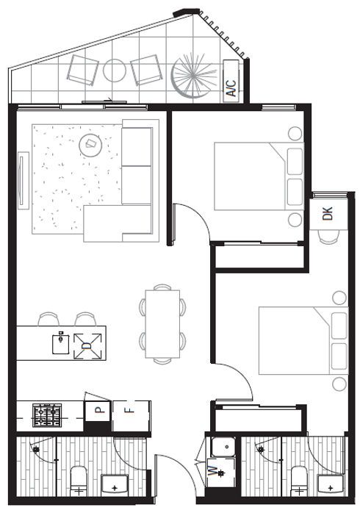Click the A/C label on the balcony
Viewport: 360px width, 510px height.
tap(231, 89)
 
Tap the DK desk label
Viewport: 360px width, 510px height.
tap(328, 214)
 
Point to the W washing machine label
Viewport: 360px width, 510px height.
tap(213, 471)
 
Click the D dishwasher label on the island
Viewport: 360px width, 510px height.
tap(87, 344)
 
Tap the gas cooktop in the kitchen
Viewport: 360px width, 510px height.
tap(48, 414)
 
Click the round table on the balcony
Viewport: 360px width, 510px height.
tap(115, 71)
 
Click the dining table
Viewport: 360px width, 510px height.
tap(162, 324)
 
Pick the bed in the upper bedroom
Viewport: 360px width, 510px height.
tap(257, 176)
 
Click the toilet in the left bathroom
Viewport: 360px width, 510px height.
tap(79, 480)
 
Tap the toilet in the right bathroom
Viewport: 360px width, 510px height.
tap(298, 480)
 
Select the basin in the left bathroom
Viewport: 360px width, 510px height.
tap(115, 484)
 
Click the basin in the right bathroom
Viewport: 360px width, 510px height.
tap(331, 484)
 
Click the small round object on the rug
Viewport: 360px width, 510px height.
tap(92, 144)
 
